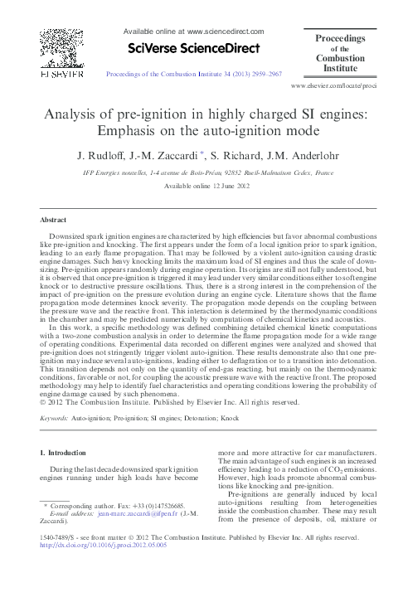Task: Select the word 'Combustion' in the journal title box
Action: click(x=344, y=59)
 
